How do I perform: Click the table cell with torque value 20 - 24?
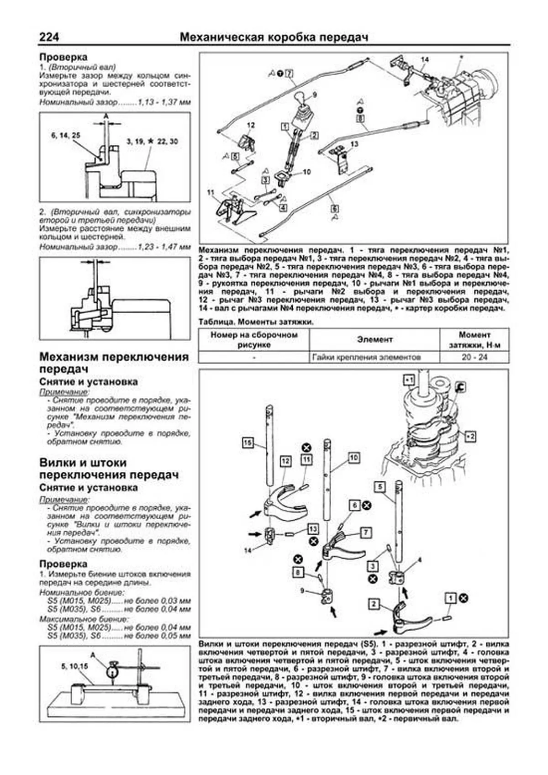pyautogui.click(x=474, y=357)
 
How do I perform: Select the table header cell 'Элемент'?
pyautogui.click(x=374, y=340)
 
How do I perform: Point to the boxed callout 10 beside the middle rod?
pyautogui.click(x=353, y=458)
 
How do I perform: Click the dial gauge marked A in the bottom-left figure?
pyautogui.click(x=111, y=672)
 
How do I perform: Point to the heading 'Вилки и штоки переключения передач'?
pyautogui.click(x=109, y=469)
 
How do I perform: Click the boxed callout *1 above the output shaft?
pyautogui.click(x=409, y=380)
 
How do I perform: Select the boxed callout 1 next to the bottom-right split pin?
pyautogui.click(x=450, y=598)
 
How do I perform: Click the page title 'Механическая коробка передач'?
pyautogui.click(x=274, y=37)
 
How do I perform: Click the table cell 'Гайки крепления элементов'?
pyautogui.click(x=366, y=357)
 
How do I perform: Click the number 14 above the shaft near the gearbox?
pyautogui.click(x=425, y=60)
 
